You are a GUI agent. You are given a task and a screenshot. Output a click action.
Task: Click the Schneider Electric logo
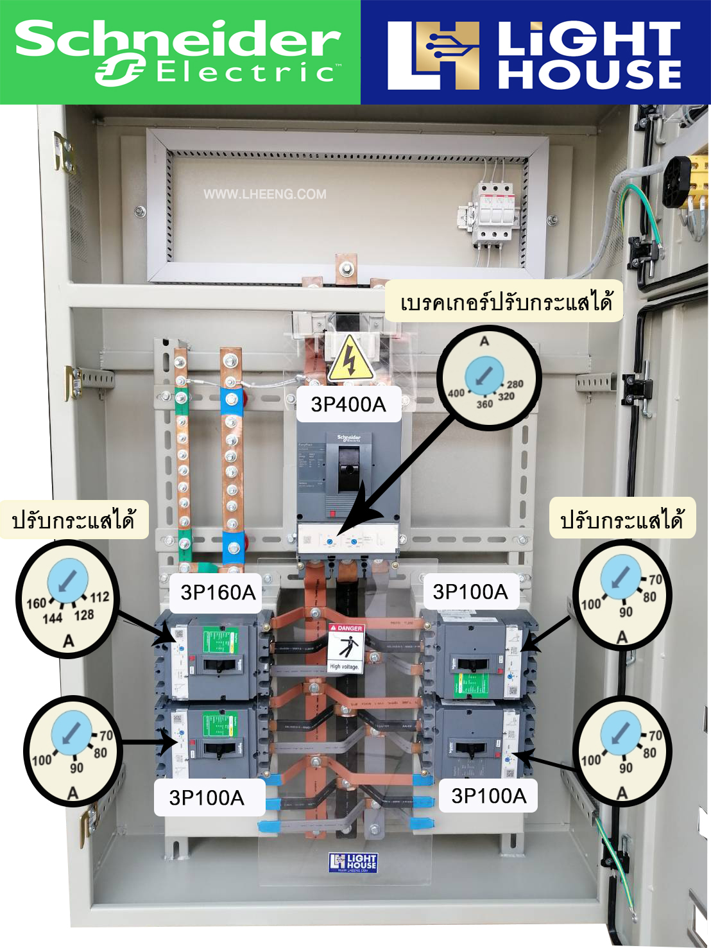point(178,51)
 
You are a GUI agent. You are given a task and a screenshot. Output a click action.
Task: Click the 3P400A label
point(348,404)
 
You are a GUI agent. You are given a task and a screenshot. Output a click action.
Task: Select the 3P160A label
point(218,592)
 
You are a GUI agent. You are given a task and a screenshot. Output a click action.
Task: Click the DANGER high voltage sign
point(347,648)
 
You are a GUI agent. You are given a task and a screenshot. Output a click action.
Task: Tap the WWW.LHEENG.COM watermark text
point(264,194)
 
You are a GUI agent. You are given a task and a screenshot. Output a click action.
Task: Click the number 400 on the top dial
point(456,393)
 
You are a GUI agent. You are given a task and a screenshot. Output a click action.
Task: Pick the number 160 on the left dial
point(36,603)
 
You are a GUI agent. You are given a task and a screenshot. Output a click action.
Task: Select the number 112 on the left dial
point(99,597)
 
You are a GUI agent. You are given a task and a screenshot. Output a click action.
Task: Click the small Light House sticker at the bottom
point(353,862)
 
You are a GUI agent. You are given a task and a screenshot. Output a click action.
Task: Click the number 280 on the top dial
point(515,384)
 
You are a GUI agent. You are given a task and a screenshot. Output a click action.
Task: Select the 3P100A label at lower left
point(207,797)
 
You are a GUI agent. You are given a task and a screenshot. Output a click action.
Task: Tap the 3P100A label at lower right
point(489,796)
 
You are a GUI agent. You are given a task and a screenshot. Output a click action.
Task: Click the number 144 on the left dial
point(53,618)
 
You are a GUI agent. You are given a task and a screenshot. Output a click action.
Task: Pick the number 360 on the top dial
point(484,404)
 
